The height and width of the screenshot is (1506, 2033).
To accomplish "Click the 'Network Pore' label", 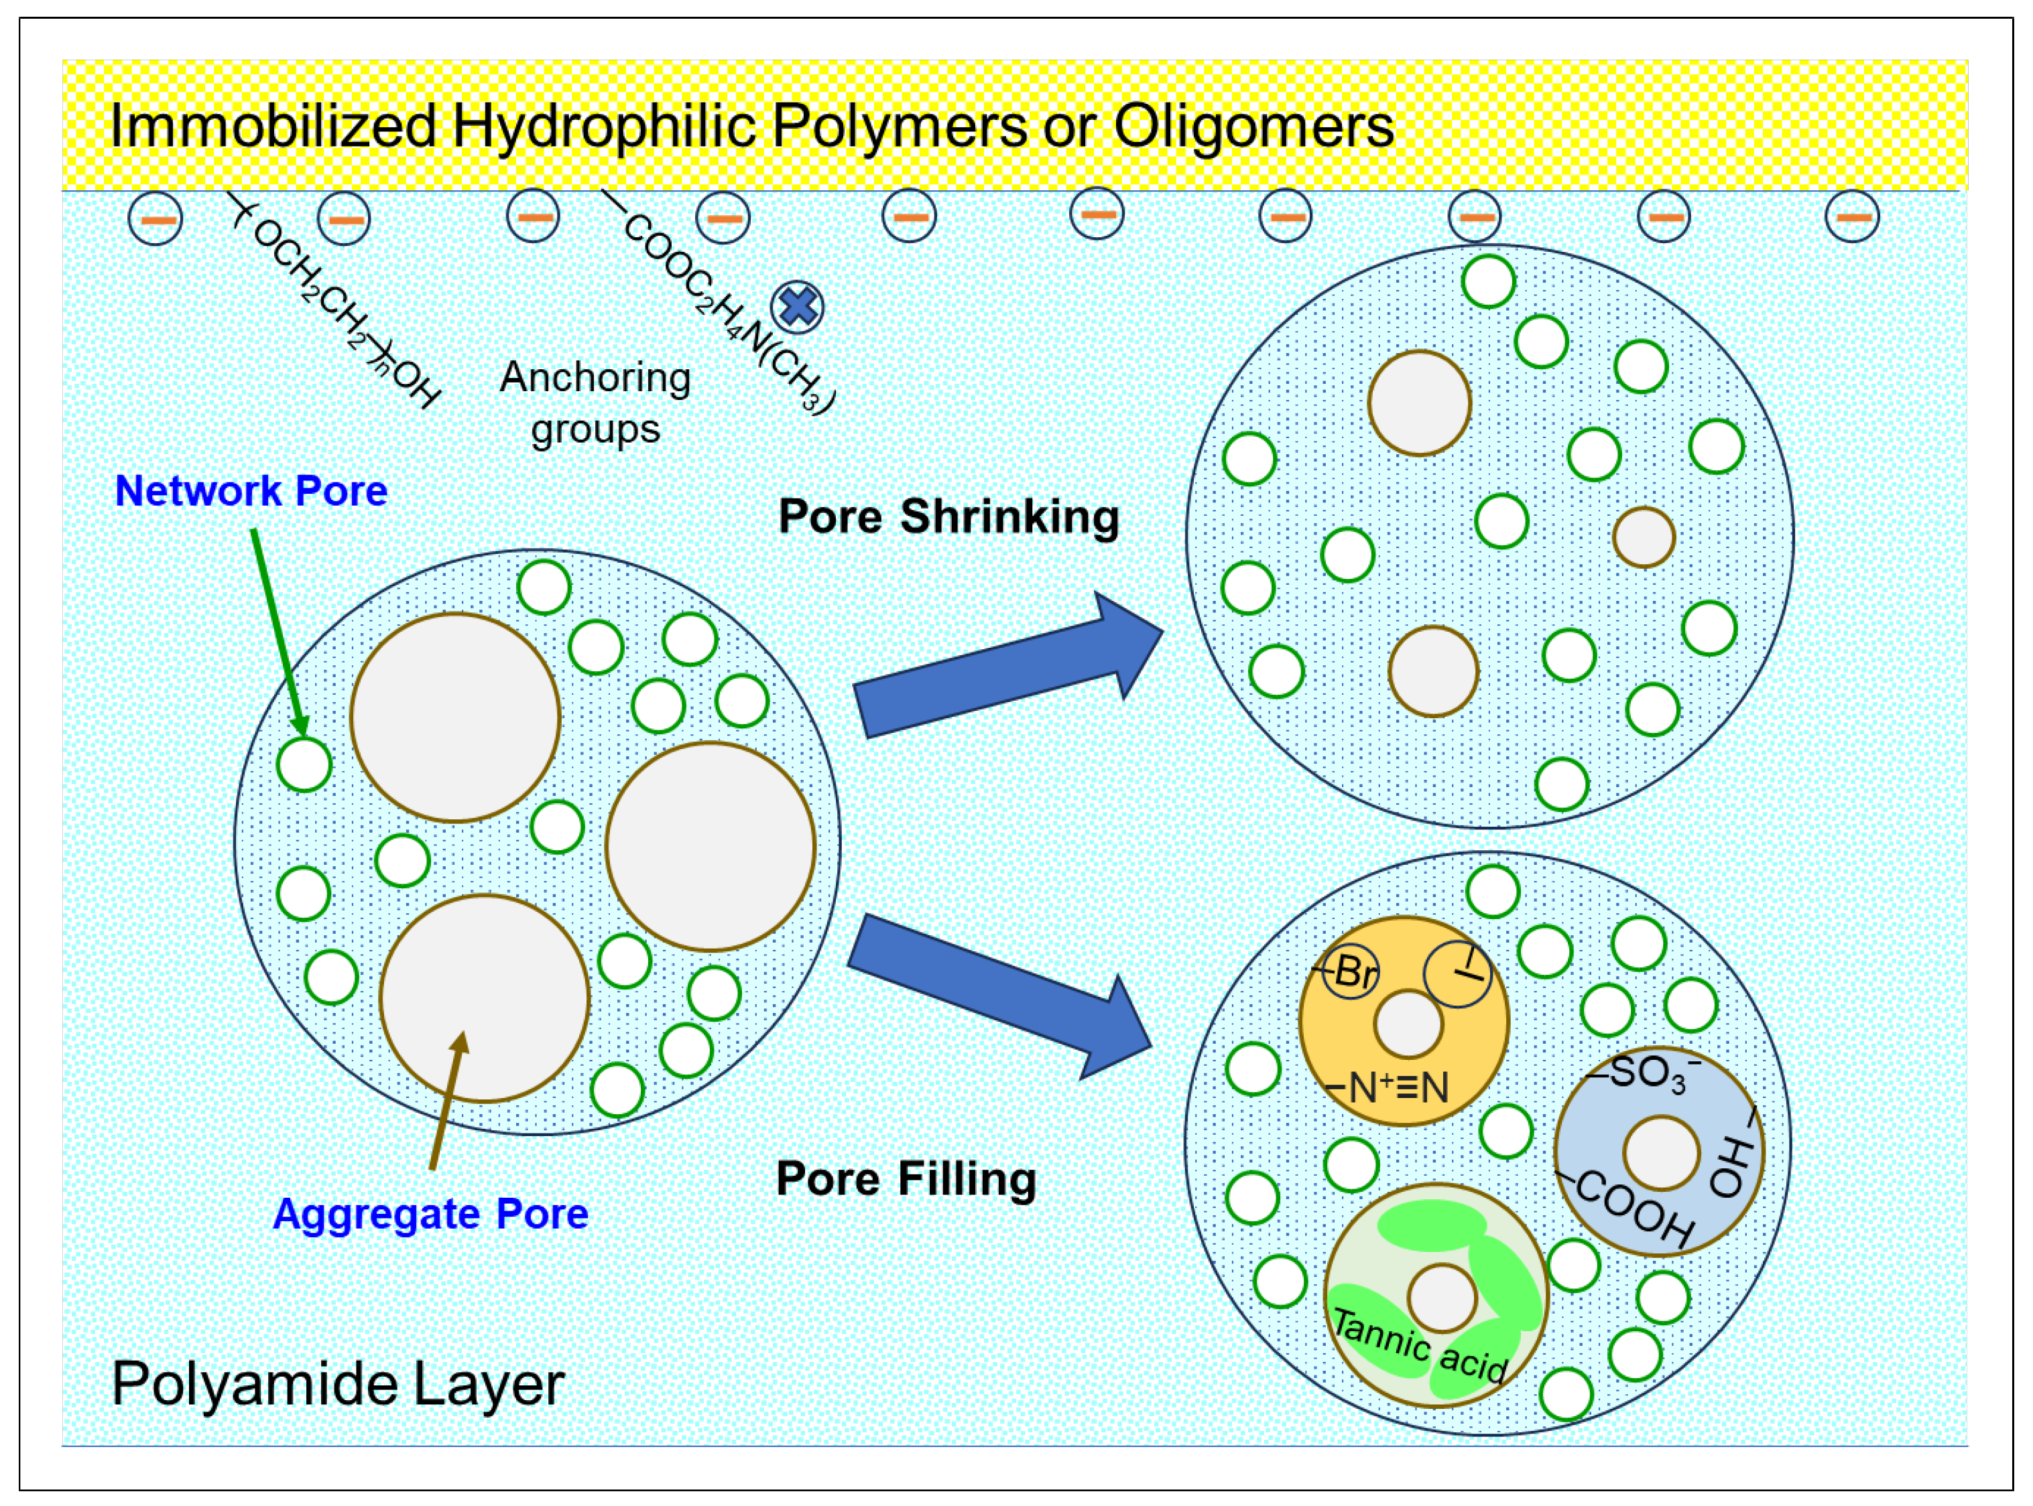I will tap(251, 491).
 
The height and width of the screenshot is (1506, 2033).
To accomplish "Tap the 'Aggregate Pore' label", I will tap(430, 1213).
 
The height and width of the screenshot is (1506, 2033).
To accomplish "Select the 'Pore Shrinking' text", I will tap(948, 517).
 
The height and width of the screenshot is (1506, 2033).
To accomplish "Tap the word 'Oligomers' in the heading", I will tap(1254, 126).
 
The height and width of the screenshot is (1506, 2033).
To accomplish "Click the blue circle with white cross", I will tap(797, 306).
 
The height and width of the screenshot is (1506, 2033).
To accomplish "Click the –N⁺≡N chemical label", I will tap(1386, 1087).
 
